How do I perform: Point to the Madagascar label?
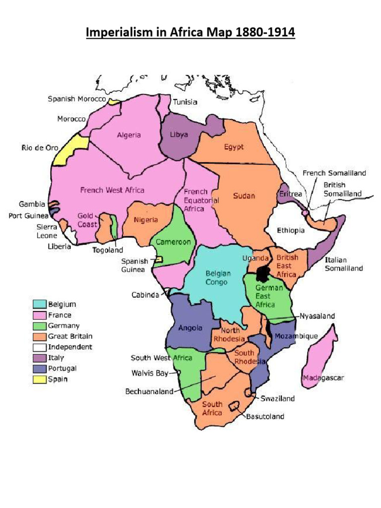pos(324,378)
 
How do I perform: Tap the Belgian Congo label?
pos(216,278)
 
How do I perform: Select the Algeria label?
pos(129,135)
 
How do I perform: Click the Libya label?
pos(179,134)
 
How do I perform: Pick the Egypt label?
pos(234,147)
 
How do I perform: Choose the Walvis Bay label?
pos(147,373)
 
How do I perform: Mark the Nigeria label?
pos(146,220)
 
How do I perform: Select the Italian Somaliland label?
pos(343,264)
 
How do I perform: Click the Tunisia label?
pos(185,102)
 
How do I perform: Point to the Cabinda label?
pos(145,295)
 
